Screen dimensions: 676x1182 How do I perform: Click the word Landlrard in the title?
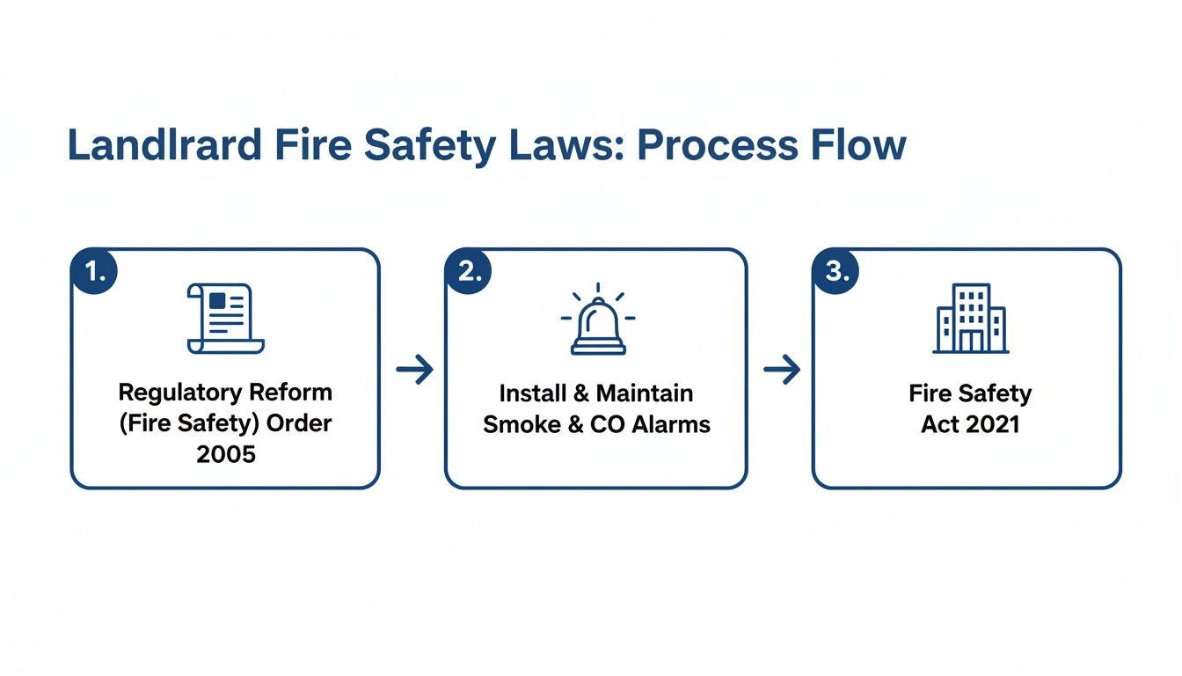tap(164, 144)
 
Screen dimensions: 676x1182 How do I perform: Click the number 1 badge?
tap(94, 272)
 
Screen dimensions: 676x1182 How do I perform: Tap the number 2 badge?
tap(469, 272)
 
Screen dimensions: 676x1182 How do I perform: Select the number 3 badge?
tap(836, 272)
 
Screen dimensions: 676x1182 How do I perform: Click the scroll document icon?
tap(225, 319)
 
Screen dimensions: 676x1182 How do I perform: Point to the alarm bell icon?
tap(598, 320)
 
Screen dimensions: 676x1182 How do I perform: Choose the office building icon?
tap(971, 319)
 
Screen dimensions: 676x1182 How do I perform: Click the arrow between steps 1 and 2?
tap(414, 371)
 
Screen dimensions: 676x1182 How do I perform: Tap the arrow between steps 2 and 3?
tap(781, 371)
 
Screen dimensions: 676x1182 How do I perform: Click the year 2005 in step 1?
tap(225, 454)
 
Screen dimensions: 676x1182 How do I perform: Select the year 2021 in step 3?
tap(994, 424)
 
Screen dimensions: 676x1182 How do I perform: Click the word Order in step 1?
tap(300, 423)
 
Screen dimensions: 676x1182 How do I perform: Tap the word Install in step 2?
tap(532, 393)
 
